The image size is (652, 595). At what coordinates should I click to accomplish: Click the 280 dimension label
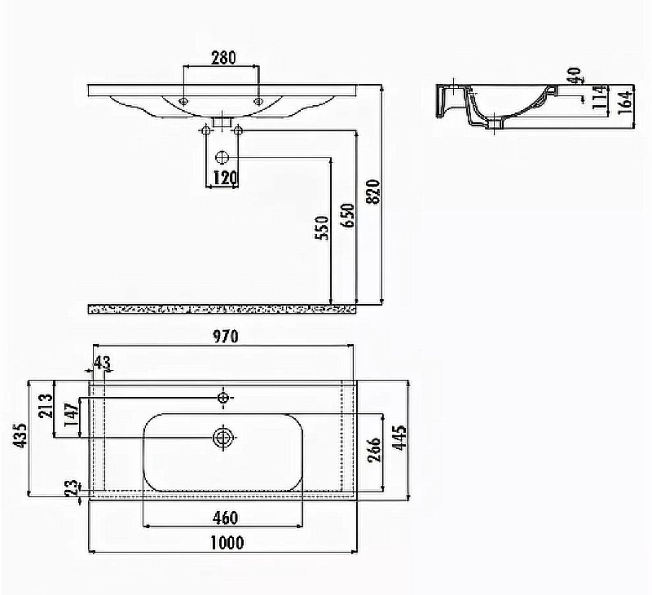(x=223, y=58)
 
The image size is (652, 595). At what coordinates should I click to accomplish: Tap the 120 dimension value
(x=225, y=178)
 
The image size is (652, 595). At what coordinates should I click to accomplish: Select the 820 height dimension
(x=374, y=192)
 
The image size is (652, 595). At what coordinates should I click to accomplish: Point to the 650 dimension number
(x=348, y=215)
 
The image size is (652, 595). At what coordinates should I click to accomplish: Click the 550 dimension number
(x=322, y=228)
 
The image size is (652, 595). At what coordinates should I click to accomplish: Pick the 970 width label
(x=226, y=337)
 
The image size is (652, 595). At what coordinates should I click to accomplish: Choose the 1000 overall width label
(x=227, y=543)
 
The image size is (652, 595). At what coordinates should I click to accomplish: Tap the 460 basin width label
(x=226, y=518)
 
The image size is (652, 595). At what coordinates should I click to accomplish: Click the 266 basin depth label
(x=375, y=449)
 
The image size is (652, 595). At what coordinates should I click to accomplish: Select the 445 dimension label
(x=399, y=437)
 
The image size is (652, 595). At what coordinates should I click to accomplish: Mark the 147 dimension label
(x=72, y=414)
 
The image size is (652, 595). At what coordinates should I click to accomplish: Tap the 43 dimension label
(x=103, y=363)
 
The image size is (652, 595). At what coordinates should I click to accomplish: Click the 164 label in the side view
(x=626, y=102)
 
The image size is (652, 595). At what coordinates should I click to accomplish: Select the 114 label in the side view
(x=600, y=97)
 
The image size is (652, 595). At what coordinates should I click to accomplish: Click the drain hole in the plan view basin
(x=223, y=438)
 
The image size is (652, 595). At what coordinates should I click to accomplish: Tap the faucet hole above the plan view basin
(x=223, y=398)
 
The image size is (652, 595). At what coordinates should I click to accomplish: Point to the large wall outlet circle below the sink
(x=222, y=157)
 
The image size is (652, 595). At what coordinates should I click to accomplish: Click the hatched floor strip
(x=222, y=310)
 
